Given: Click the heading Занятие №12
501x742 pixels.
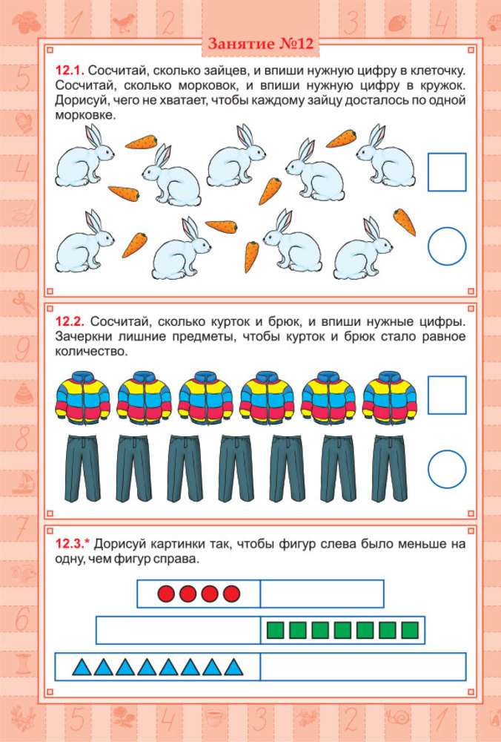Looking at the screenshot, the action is tap(260, 44).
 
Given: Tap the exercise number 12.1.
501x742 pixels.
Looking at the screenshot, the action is tap(70, 71).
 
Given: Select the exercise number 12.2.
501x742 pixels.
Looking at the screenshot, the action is tap(70, 321).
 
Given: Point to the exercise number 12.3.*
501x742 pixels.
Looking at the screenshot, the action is tap(73, 544).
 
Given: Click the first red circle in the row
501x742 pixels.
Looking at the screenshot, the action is tap(166, 594).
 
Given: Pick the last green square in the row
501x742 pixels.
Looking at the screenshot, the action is tap(410, 630).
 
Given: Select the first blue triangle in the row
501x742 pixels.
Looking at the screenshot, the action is tap(82, 668).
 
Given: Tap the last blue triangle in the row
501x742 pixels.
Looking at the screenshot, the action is tap(233, 668).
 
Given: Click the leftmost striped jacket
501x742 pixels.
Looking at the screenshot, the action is tap(83, 397).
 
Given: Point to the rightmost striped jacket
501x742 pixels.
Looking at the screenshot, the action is tap(390, 397).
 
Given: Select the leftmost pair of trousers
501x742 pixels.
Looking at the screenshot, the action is tap(83, 468).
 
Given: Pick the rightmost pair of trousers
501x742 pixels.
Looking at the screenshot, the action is tap(389, 468).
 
